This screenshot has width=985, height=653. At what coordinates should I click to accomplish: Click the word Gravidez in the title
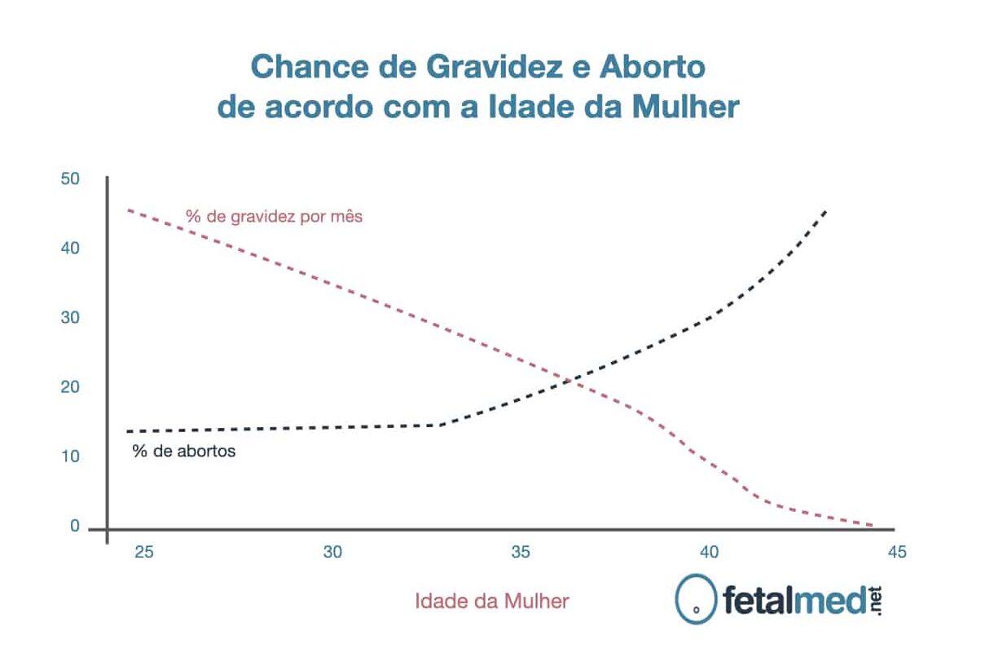point(495,67)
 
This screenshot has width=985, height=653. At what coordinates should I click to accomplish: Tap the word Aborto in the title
point(653,67)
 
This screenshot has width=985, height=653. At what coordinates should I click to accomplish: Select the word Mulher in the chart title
point(685,107)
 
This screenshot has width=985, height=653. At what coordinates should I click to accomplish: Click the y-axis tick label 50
point(70,179)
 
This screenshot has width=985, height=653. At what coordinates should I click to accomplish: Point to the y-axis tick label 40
point(70,248)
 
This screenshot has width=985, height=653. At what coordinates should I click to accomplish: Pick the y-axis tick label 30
point(70,317)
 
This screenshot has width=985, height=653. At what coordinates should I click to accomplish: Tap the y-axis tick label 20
point(70,386)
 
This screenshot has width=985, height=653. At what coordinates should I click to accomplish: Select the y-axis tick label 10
point(70,457)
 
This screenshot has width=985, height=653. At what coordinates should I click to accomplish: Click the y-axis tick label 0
point(75,526)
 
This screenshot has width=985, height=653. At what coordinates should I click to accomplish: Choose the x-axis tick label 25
point(144,552)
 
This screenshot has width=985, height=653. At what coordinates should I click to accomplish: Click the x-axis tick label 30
point(332,552)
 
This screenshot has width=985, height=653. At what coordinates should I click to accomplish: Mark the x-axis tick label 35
point(521,552)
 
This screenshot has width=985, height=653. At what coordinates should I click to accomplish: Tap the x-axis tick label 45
point(897,552)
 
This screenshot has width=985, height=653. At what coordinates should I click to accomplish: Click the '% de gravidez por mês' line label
point(274,217)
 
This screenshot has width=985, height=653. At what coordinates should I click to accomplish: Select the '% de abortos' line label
point(184,451)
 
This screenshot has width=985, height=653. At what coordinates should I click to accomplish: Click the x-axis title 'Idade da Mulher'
point(492,601)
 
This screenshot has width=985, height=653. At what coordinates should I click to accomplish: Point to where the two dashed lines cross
point(569,381)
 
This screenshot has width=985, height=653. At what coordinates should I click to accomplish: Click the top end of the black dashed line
point(826,212)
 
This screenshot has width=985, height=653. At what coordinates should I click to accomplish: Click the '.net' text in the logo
point(875,601)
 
